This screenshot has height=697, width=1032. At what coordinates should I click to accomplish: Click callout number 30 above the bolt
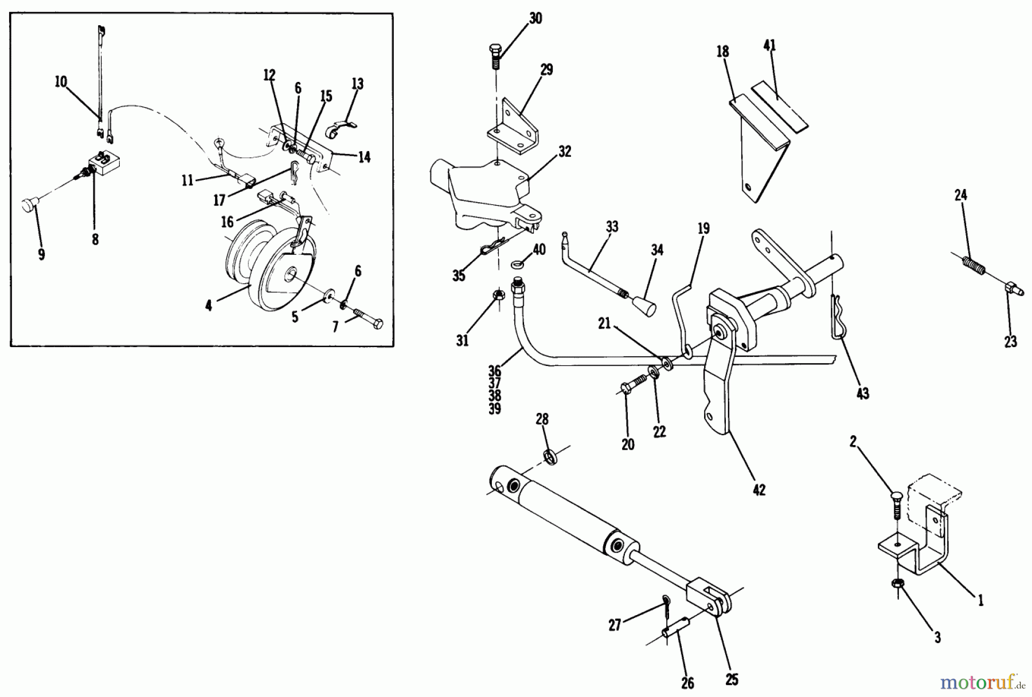pos(534,18)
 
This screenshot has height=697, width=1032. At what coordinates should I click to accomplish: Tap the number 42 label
pos(759,490)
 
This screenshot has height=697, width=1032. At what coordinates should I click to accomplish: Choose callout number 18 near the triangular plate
pos(722,51)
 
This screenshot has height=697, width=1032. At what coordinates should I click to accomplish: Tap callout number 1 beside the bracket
pos(980,600)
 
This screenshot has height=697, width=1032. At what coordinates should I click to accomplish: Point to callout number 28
pos(542,419)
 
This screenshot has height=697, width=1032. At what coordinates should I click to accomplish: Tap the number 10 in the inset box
pos(61,82)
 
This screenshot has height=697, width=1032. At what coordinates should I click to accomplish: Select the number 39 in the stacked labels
pos(495,409)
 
